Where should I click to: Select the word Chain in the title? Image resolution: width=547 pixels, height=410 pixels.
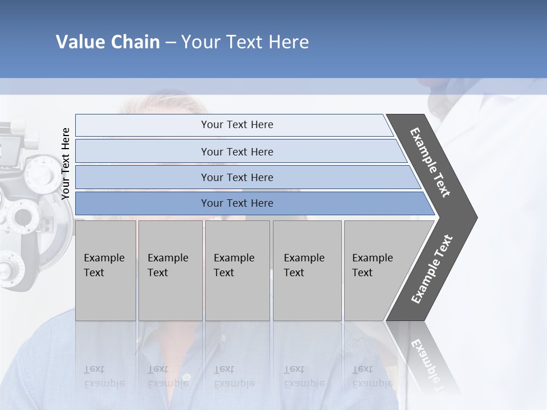tap(136, 42)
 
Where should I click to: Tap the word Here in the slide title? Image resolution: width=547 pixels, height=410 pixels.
tap(288, 42)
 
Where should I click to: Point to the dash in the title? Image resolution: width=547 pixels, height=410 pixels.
tap(170, 43)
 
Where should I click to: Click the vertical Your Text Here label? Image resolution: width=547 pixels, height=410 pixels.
tap(66, 163)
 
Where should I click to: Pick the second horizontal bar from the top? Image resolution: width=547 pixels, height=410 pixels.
tap(236, 151)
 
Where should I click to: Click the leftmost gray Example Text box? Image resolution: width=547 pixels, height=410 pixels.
tap(105, 270)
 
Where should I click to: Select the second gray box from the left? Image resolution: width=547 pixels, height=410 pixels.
tap(170, 270)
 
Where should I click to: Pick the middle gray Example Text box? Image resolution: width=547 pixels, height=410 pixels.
tap(237, 270)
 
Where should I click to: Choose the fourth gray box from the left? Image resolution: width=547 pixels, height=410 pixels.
tap(307, 270)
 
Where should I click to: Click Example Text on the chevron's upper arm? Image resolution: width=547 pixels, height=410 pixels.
tap(430, 162)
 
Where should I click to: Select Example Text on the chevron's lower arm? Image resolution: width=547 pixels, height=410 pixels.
tap(431, 269)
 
